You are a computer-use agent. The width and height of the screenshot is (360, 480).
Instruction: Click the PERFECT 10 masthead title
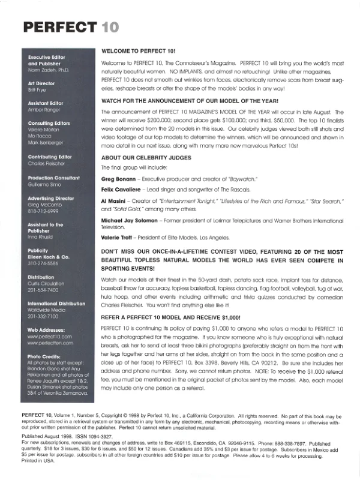point(70,26)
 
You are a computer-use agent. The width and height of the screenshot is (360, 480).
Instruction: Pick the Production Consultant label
point(54,178)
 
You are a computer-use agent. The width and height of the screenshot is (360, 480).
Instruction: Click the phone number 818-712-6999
point(43,212)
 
